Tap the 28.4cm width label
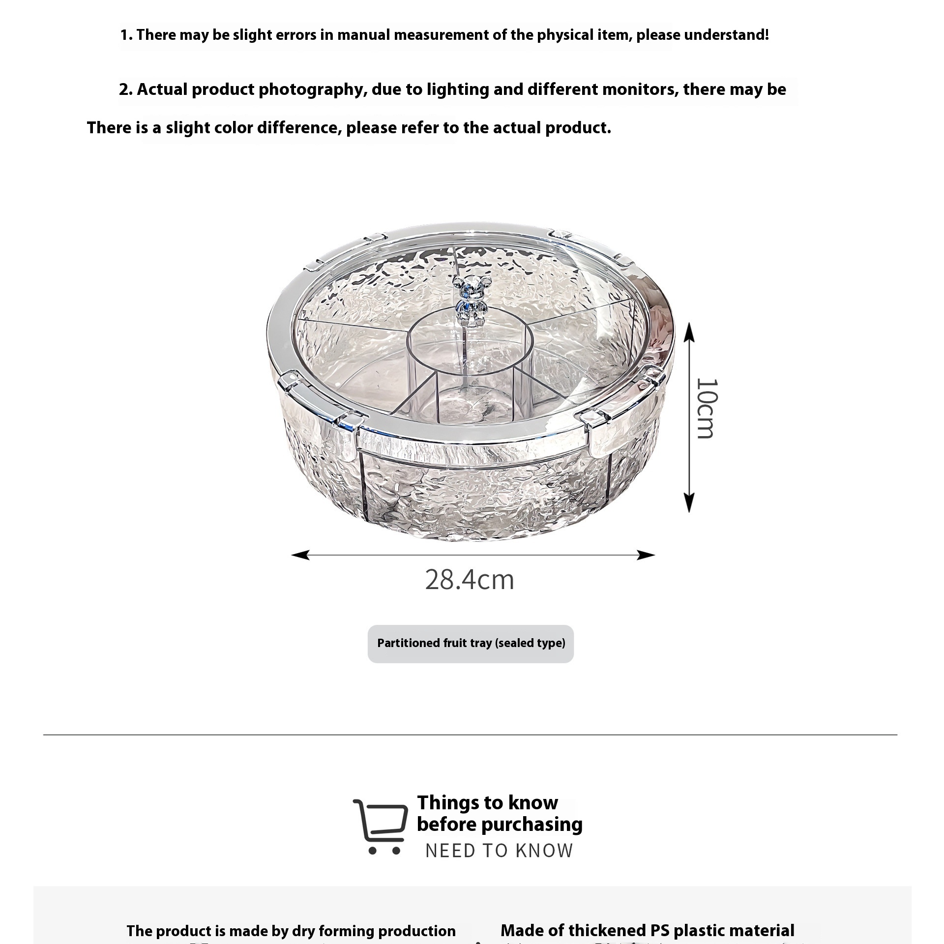470,580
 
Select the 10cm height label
707,409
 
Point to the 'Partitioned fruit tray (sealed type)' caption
471,644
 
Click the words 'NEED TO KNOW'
499,851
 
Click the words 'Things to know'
487,803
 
